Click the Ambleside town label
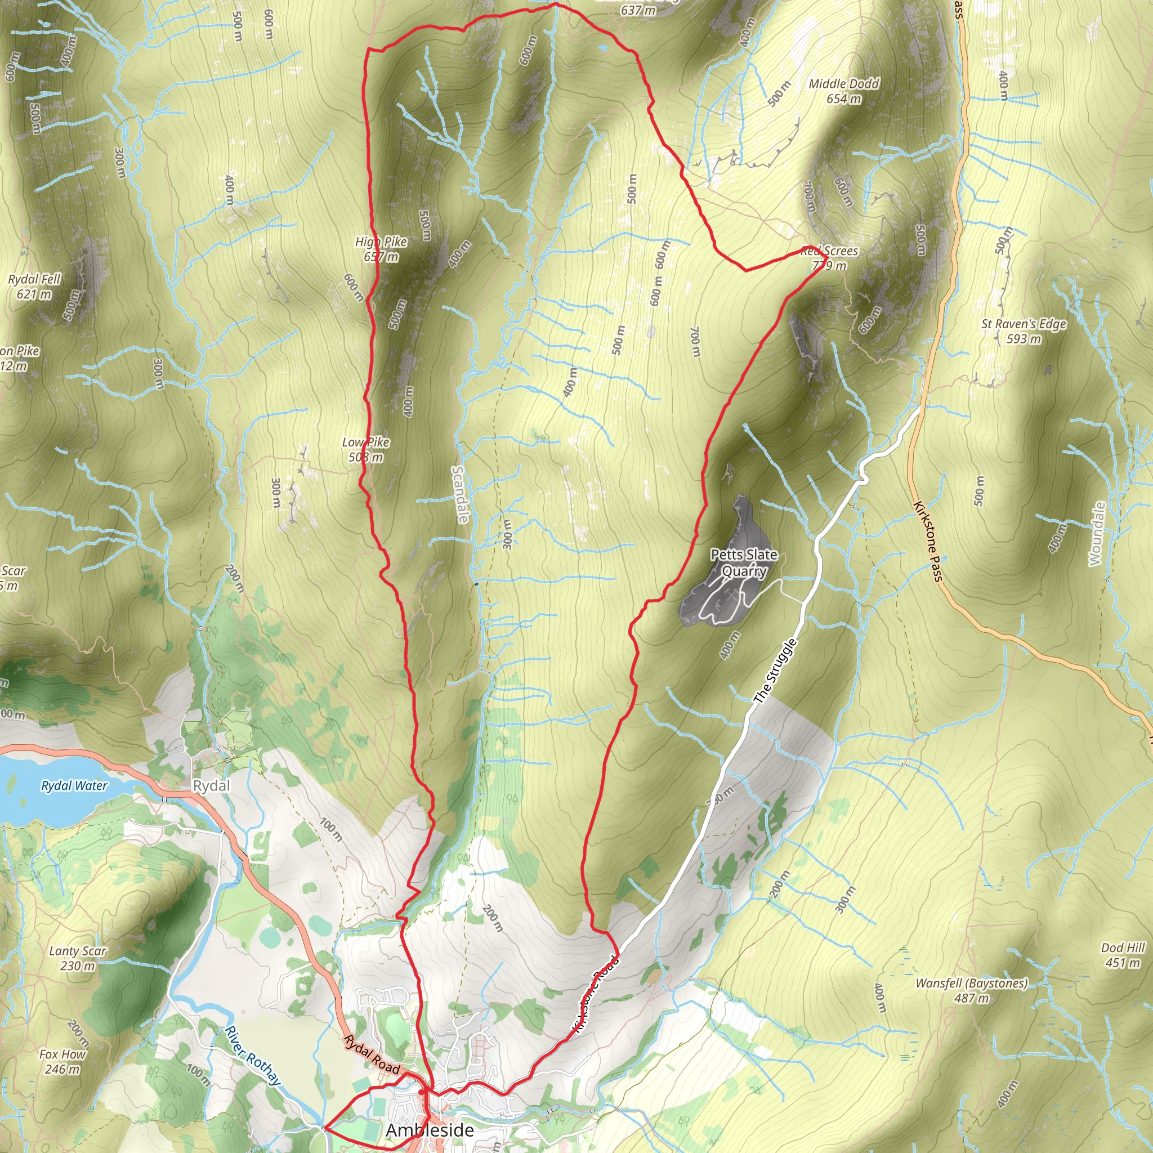[430, 1130]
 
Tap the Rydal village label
[211, 785]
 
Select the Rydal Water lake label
[74, 786]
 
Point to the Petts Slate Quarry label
[744, 563]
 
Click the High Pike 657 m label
[381, 249]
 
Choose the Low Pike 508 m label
[366, 449]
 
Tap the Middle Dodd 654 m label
[844, 91]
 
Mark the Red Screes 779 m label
[829, 258]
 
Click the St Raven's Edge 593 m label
[1024, 331]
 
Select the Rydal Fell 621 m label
[34, 287]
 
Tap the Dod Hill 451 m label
[1123, 955]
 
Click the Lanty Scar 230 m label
[78, 958]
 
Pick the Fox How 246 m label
[62, 1062]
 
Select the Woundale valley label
[1097, 534]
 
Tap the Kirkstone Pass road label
[928, 540]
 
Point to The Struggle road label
[775, 672]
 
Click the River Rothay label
[252, 1055]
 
